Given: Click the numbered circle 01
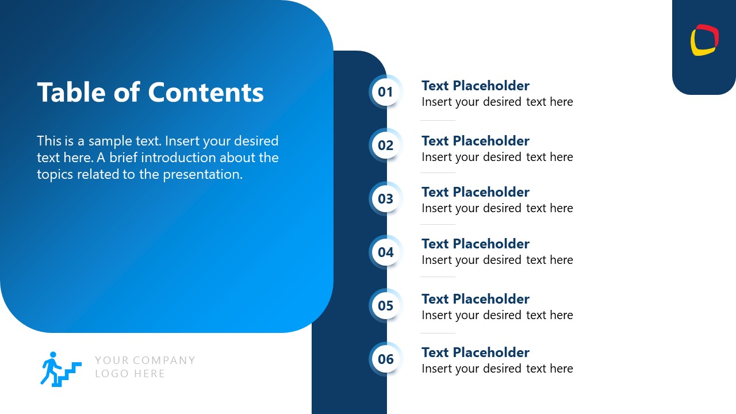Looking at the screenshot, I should coord(385,92).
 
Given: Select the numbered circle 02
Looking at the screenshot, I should coord(385,145).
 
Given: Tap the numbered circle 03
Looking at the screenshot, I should coord(385,199).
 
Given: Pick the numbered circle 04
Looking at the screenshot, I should coord(385,252).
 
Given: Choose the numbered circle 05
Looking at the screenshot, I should coord(385,306).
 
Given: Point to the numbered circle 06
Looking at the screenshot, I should coord(385,359).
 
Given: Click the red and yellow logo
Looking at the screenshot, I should coord(704,40).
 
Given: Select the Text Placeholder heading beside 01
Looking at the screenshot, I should coord(475,86).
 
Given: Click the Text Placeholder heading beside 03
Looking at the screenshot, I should coord(475,192).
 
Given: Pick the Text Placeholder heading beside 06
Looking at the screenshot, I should coord(475,352).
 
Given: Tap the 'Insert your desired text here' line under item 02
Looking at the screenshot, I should coord(497,157).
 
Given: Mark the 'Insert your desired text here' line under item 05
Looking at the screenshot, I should coord(497,315).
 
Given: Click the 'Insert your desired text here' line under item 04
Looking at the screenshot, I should coord(497,260).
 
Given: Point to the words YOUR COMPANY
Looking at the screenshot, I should coord(145,361).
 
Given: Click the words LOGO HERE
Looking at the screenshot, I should coord(130,374).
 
